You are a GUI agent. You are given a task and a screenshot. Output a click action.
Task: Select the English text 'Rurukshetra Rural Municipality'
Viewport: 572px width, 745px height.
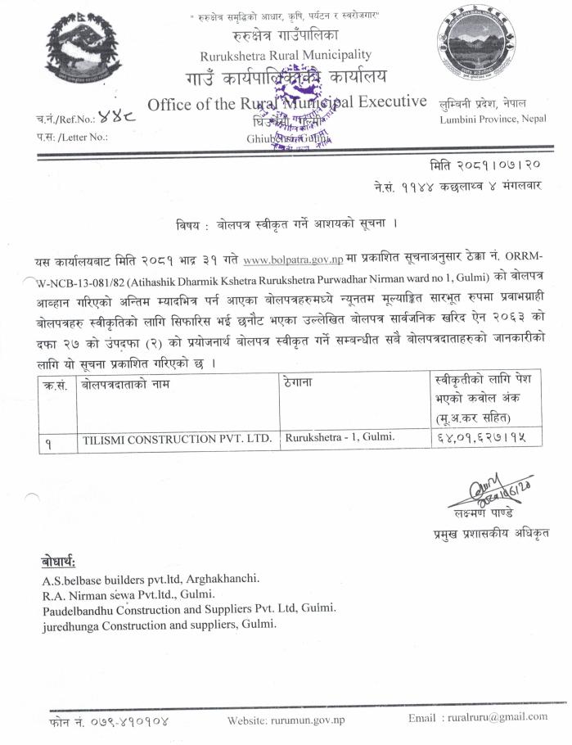(x=285, y=55)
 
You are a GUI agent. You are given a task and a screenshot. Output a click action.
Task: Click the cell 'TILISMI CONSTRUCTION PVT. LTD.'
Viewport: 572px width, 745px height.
(x=177, y=439)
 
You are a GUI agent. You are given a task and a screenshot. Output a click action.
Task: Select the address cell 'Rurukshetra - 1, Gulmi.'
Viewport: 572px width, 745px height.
(x=340, y=437)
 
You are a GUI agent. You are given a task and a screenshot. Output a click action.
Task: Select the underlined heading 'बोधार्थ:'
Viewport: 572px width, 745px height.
(x=58, y=562)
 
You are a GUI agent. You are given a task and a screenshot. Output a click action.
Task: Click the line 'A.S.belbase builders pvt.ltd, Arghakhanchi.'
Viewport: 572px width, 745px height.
(x=151, y=579)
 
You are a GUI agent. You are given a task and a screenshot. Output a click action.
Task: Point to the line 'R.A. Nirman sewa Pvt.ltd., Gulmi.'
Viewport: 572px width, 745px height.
(x=128, y=594)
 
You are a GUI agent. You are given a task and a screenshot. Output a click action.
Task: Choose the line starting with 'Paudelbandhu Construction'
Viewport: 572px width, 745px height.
(x=189, y=609)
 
